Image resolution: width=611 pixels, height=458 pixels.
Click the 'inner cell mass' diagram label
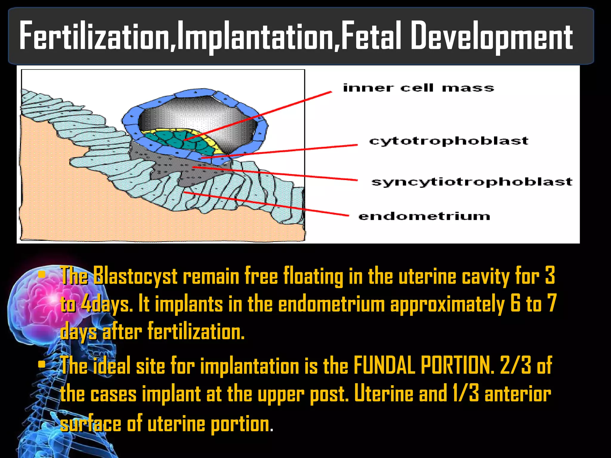418,88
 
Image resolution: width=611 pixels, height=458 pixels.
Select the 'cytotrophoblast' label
449,141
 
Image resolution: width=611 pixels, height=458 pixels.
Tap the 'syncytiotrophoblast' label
472,182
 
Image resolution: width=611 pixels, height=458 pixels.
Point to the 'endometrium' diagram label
424,216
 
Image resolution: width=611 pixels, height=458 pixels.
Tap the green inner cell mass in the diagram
176,140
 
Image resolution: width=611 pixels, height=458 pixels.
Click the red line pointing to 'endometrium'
269,204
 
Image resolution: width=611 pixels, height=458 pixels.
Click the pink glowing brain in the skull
42,301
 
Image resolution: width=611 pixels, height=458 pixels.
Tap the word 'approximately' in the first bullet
447,304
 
